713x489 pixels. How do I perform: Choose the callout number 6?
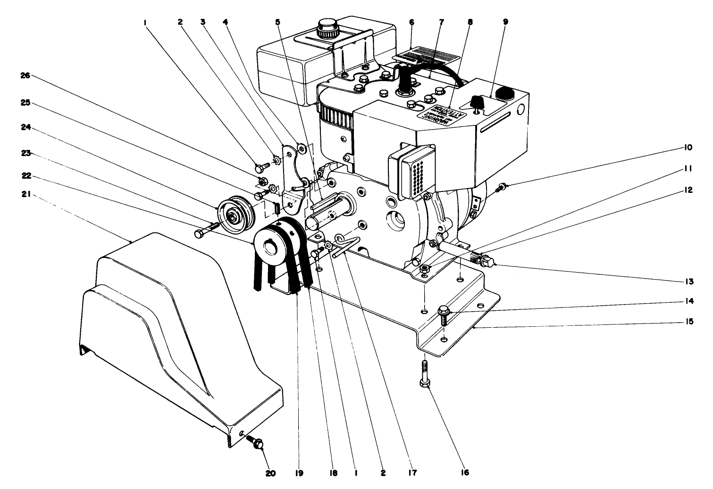[x=411, y=22]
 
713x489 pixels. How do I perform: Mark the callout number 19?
[x=298, y=472]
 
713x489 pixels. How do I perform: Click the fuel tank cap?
[x=326, y=28]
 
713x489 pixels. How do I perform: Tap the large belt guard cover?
[x=179, y=340]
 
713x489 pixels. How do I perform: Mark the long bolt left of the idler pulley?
[x=206, y=230]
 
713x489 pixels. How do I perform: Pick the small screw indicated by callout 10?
[x=501, y=188]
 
